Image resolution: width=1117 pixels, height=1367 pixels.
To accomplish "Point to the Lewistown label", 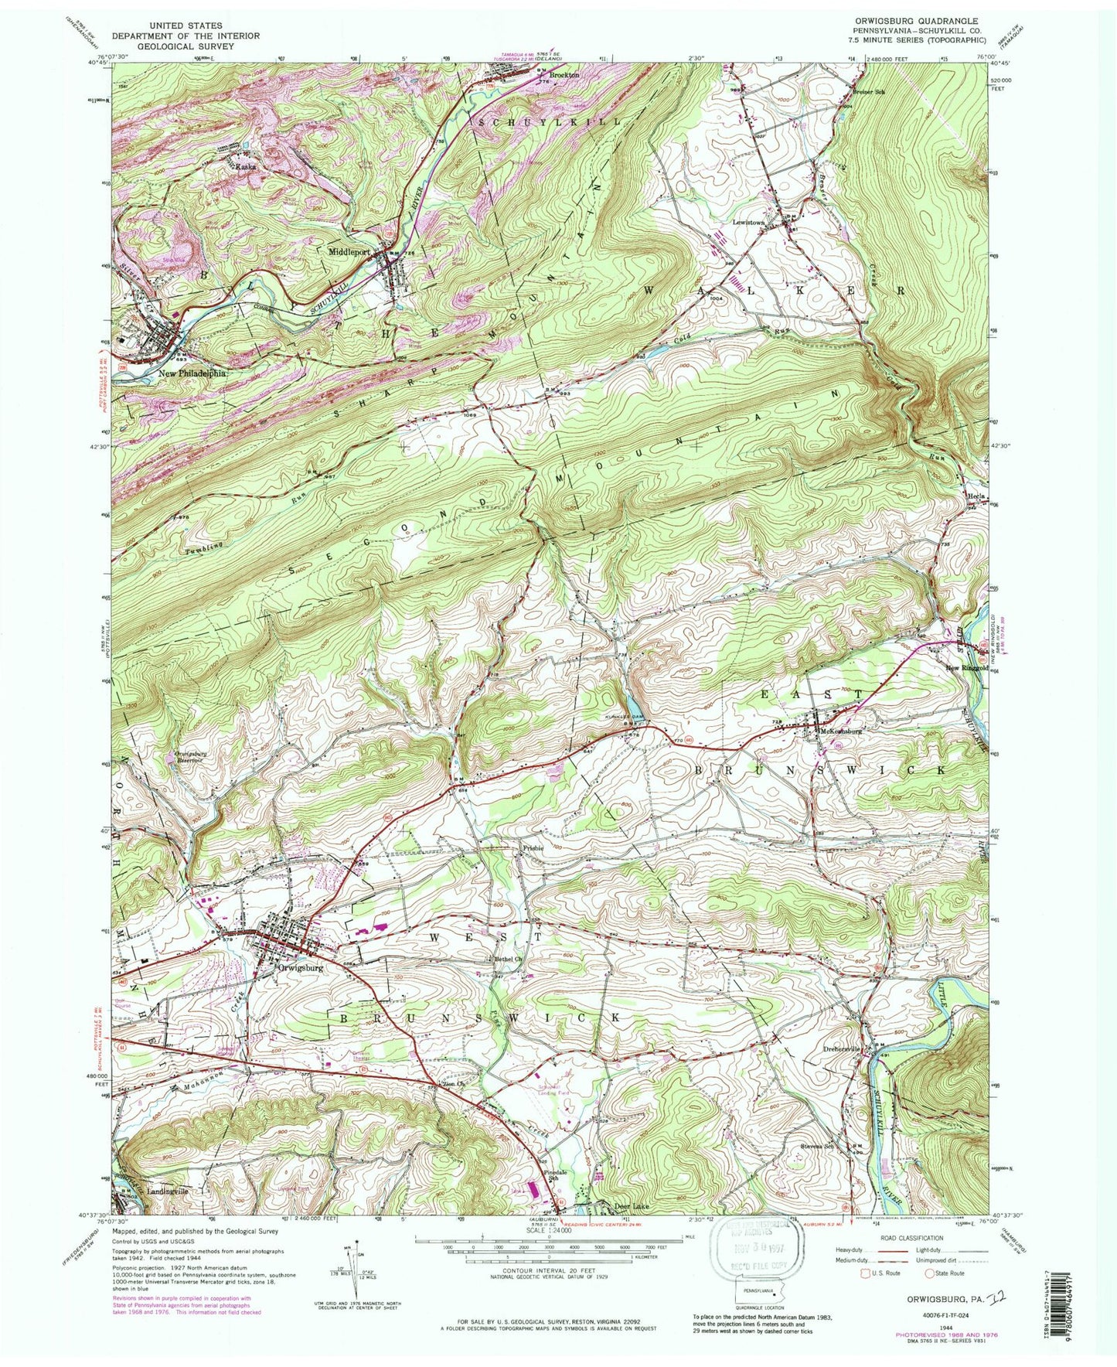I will point(748,222).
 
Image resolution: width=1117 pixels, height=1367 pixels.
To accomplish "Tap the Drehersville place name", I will point(841,1049).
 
